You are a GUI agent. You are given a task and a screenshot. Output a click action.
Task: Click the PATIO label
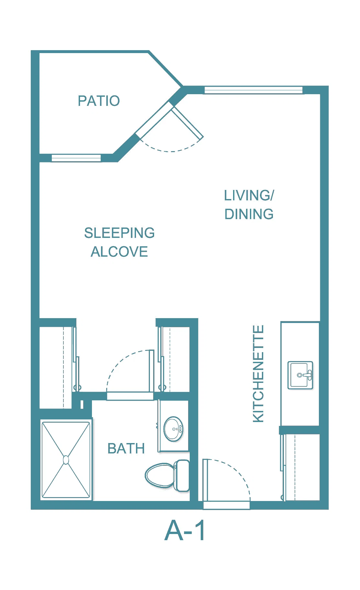click(x=99, y=101)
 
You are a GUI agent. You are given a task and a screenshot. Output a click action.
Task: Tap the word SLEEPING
click(x=119, y=233)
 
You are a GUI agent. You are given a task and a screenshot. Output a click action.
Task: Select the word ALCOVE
click(x=119, y=252)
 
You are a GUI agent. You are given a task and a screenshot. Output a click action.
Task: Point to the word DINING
click(x=249, y=214)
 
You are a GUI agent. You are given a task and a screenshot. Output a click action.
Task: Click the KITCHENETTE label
click(x=258, y=374)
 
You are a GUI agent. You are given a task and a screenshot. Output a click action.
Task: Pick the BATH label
click(x=126, y=449)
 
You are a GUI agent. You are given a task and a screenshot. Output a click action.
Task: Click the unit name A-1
click(x=185, y=530)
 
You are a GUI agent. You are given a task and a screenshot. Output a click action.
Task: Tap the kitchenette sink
click(x=300, y=375)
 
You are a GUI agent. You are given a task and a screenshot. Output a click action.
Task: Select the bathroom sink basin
click(x=174, y=429)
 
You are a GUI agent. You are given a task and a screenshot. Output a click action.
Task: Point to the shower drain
click(x=66, y=460)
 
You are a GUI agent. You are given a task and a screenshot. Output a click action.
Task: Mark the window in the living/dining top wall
click(x=253, y=90)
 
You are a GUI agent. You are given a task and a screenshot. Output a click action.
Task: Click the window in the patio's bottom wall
click(x=76, y=158)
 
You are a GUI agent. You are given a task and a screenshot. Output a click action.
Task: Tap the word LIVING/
click(x=249, y=195)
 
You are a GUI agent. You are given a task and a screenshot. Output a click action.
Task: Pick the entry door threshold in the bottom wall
click(x=227, y=505)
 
